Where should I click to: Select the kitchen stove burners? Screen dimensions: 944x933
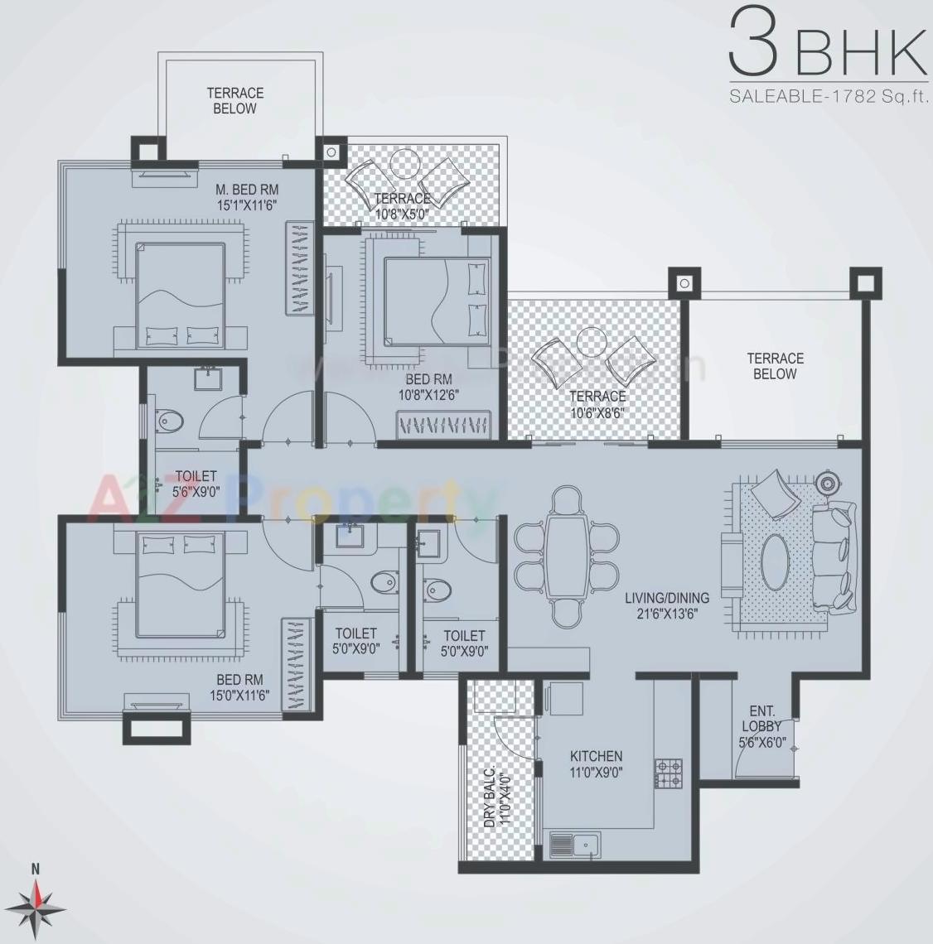669,773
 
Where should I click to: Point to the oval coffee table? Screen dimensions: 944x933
775,562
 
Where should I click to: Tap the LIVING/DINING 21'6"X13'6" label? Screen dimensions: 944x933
667,605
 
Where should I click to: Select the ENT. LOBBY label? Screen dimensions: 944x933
761,727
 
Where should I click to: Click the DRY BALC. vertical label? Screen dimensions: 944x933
495,795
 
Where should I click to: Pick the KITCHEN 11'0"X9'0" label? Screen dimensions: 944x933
596,763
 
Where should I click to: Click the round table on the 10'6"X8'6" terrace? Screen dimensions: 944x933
592,340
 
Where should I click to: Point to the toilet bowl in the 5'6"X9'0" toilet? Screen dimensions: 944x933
169,420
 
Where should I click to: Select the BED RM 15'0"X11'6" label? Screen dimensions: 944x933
239,686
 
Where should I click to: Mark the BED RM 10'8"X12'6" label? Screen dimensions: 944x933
430,388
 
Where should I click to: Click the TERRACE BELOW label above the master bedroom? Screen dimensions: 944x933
234,101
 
